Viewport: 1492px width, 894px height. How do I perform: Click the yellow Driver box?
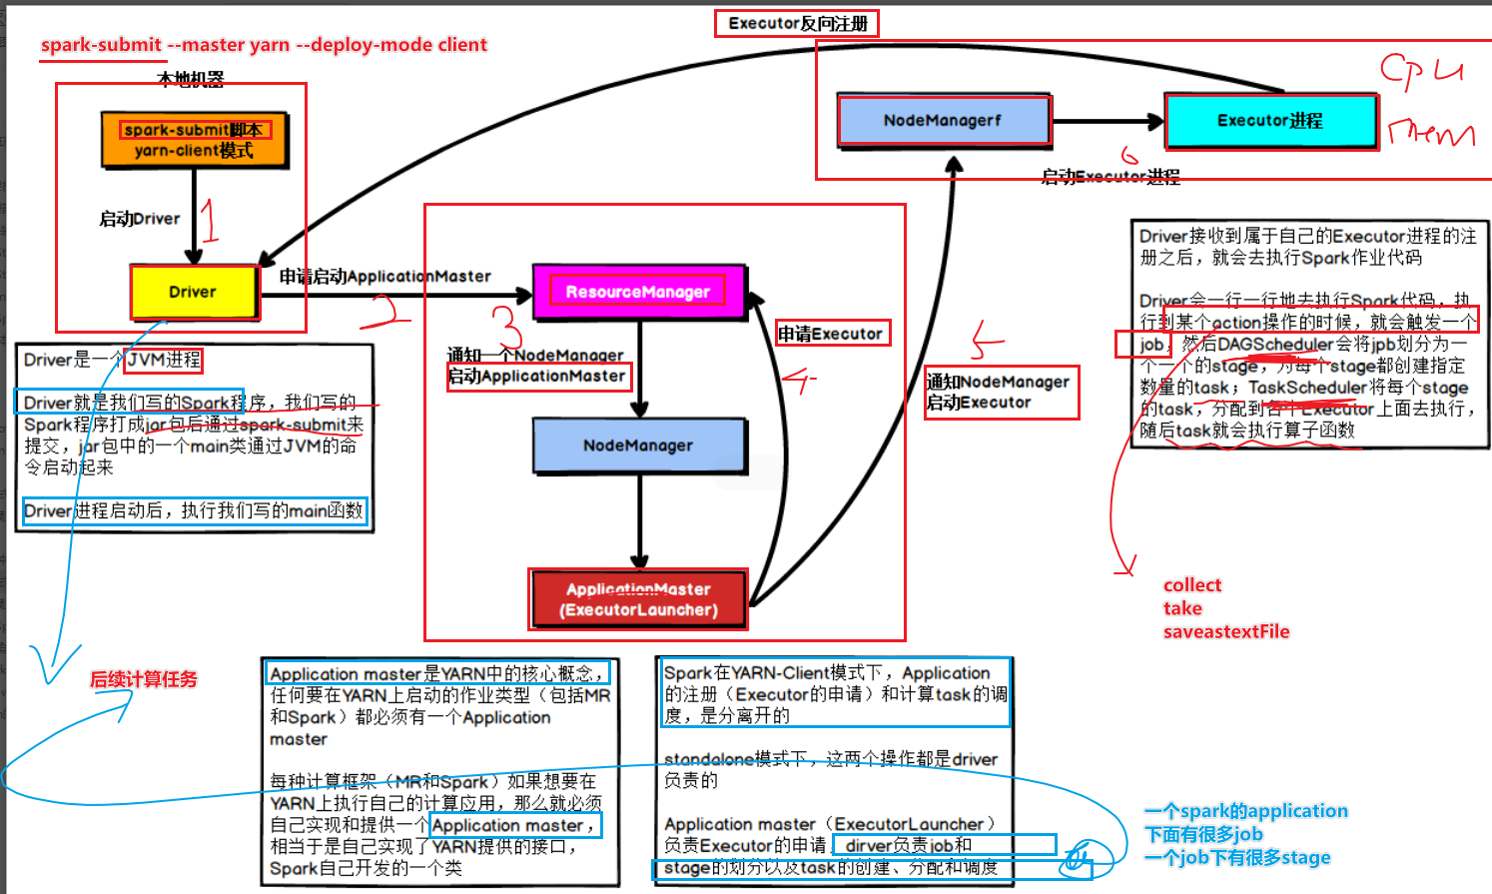[x=194, y=292]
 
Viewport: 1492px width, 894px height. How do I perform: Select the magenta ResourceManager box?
[x=639, y=292]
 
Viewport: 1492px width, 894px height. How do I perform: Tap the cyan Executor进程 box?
[x=1270, y=121]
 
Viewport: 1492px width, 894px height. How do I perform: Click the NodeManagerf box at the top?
[x=943, y=121]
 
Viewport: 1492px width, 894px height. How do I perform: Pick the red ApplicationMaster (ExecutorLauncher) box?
[x=638, y=599]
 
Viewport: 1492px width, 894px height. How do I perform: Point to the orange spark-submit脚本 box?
[x=194, y=140]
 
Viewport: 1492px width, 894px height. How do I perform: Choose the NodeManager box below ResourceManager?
[x=638, y=446]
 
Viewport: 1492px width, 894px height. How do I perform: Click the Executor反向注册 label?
[x=797, y=23]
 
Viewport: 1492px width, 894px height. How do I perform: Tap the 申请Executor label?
[x=832, y=334]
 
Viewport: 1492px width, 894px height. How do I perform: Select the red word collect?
[x=1191, y=585]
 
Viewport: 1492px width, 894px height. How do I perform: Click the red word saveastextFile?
[x=1225, y=631]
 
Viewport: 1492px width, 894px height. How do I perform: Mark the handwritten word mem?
[x=1430, y=133]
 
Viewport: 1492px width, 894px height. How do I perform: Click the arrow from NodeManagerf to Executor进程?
[x=1108, y=122]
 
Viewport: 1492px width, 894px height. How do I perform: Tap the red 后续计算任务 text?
[x=144, y=679]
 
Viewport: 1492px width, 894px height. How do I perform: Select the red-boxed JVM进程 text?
[x=164, y=360]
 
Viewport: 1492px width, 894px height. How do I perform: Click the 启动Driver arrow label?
[x=140, y=219]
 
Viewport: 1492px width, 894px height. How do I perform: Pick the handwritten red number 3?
[x=507, y=326]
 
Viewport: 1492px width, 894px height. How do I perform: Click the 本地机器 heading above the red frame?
[x=191, y=78]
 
